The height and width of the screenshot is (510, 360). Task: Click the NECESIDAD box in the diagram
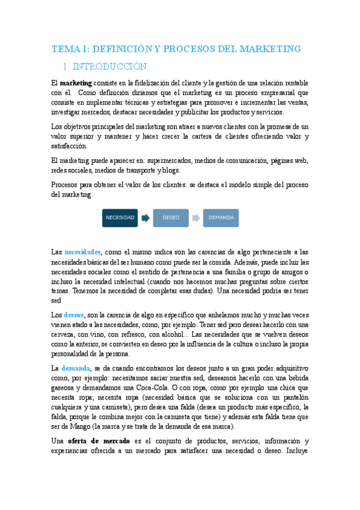coord(120,218)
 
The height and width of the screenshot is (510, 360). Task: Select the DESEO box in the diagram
coord(171,218)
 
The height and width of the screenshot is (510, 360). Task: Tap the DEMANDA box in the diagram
coord(221,218)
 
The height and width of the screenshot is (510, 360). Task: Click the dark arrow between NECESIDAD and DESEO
coord(145,218)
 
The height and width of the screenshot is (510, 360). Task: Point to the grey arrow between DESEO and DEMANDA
coord(196,218)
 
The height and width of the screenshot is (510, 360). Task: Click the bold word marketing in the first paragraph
coord(76,82)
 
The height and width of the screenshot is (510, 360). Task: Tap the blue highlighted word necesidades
coord(82,253)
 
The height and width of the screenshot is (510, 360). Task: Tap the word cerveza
coord(65,334)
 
